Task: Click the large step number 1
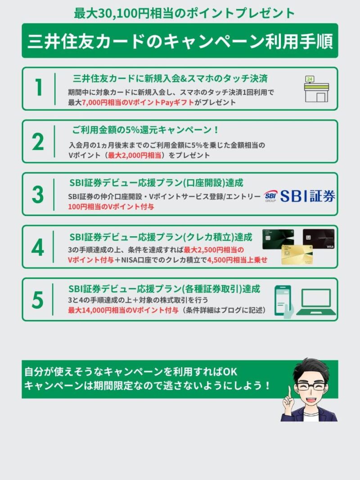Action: [39, 87]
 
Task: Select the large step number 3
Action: [38, 194]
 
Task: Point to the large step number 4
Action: [38, 247]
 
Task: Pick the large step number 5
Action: [38, 300]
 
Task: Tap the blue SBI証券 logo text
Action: [308, 196]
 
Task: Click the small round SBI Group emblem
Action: [270, 196]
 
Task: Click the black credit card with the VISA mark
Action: [319, 239]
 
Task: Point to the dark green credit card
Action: [278, 239]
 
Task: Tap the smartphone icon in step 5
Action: [283, 301]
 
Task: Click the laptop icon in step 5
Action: [316, 302]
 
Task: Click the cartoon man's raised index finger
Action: [289, 391]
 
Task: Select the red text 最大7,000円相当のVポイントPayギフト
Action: [138, 102]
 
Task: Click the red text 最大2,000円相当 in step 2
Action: [135, 155]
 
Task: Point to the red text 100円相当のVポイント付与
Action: [111, 207]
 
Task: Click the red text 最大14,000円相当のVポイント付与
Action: [123, 310]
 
